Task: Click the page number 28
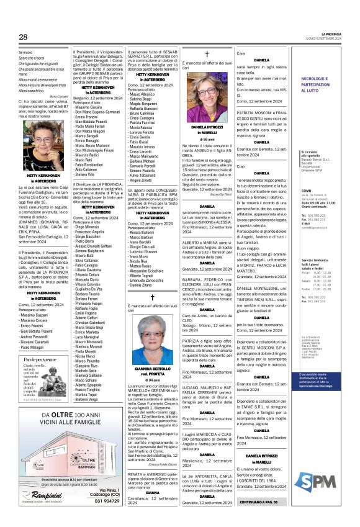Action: pyautogui.click(x=23, y=37)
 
